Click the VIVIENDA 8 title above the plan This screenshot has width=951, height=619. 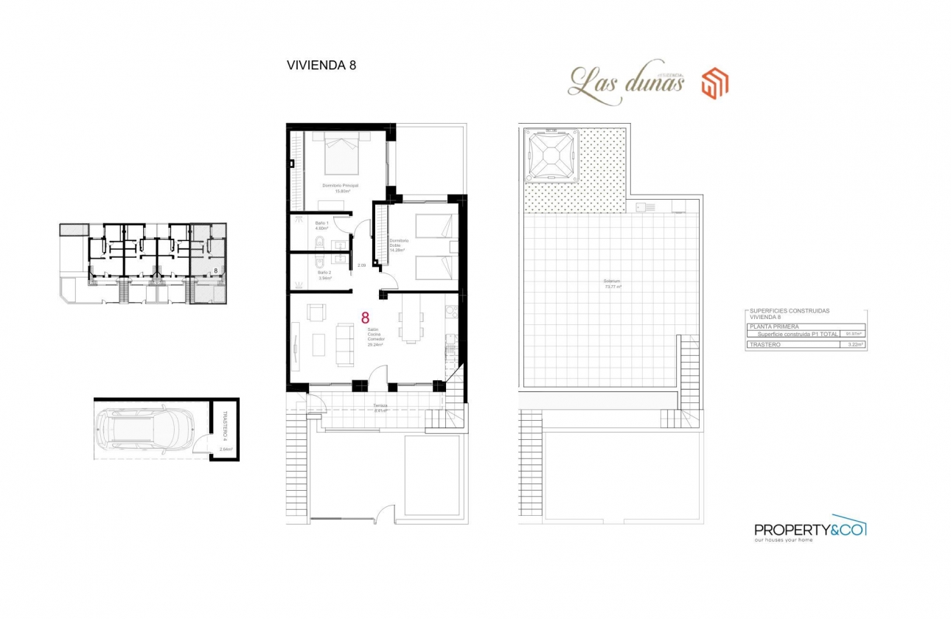tap(321, 65)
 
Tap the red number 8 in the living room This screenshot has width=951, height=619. tap(365, 318)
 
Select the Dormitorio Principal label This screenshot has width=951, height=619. tap(340, 186)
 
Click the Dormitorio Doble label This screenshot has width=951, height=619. tap(398, 245)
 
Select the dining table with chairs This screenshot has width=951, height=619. tap(411, 325)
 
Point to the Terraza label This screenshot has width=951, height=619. tap(380, 406)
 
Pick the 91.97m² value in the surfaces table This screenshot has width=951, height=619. tap(854, 334)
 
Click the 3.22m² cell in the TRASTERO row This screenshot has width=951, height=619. tap(855, 344)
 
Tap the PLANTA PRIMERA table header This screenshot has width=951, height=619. tap(774, 326)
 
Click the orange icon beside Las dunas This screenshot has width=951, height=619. tap(714, 83)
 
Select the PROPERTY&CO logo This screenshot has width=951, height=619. tap(809, 529)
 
